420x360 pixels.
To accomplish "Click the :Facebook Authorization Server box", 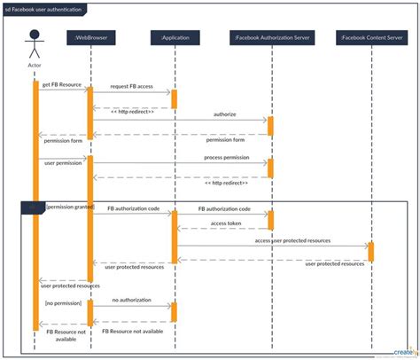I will pyautogui.click(x=270, y=37).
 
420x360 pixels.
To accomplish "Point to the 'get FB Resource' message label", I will pyautogui.click(x=61, y=84).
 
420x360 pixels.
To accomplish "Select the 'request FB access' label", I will pyautogui.click(x=131, y=86).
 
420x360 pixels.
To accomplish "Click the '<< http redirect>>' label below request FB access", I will pyautogui.click(x=132, y=112).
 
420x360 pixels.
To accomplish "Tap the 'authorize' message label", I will pyautogui.click(x=224, y=114).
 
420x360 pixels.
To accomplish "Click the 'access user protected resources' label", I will pyautogui.click(x=293, y=240).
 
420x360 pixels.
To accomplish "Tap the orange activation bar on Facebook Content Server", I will pyautogui.click(x=370, y=251).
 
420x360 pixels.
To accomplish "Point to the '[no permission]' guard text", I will pyautogui.click(x=62, y=302).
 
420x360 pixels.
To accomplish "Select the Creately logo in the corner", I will pyautogui.click(x=396, y=348).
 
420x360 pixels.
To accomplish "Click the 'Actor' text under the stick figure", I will pyautogui.click(x=35, y=65).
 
